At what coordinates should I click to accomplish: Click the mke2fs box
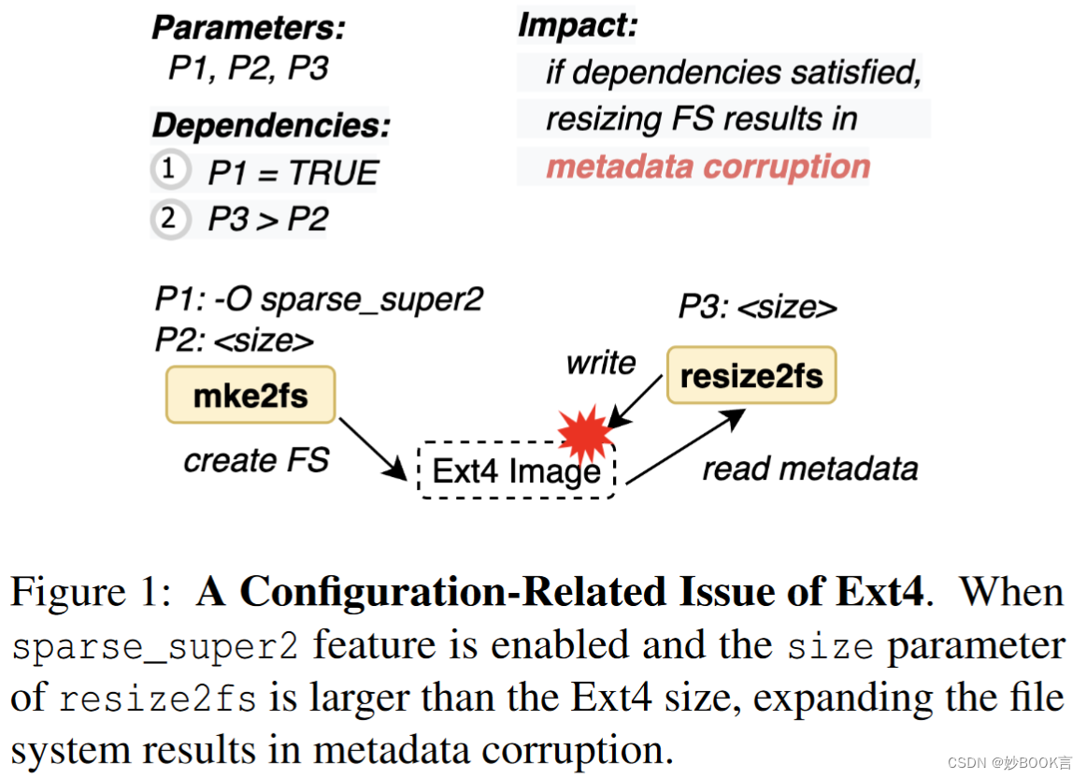[250, 395]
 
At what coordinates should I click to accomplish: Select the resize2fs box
[751, 376]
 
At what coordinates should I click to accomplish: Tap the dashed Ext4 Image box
[515, 470]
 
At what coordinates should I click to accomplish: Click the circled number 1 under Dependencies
[167, 170]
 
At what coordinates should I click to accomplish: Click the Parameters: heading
[249, 28]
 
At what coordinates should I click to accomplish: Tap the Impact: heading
[577, 25]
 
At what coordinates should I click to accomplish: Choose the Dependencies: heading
[271, 125]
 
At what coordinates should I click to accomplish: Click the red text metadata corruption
[708, 167]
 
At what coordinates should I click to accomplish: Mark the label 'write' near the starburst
[601, 363]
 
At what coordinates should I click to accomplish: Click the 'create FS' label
[256, 461]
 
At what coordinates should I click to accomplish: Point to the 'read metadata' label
[810, 469]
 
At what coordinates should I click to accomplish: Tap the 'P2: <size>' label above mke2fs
[234, 341]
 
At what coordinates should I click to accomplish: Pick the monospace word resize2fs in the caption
[158, 699]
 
